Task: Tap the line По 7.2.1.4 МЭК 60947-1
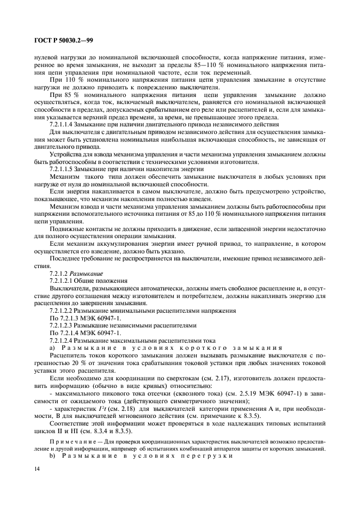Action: (x=84, y=333)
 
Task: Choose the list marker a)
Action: (x=52, y=348)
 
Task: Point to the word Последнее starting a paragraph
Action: (x=66, y=258)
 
